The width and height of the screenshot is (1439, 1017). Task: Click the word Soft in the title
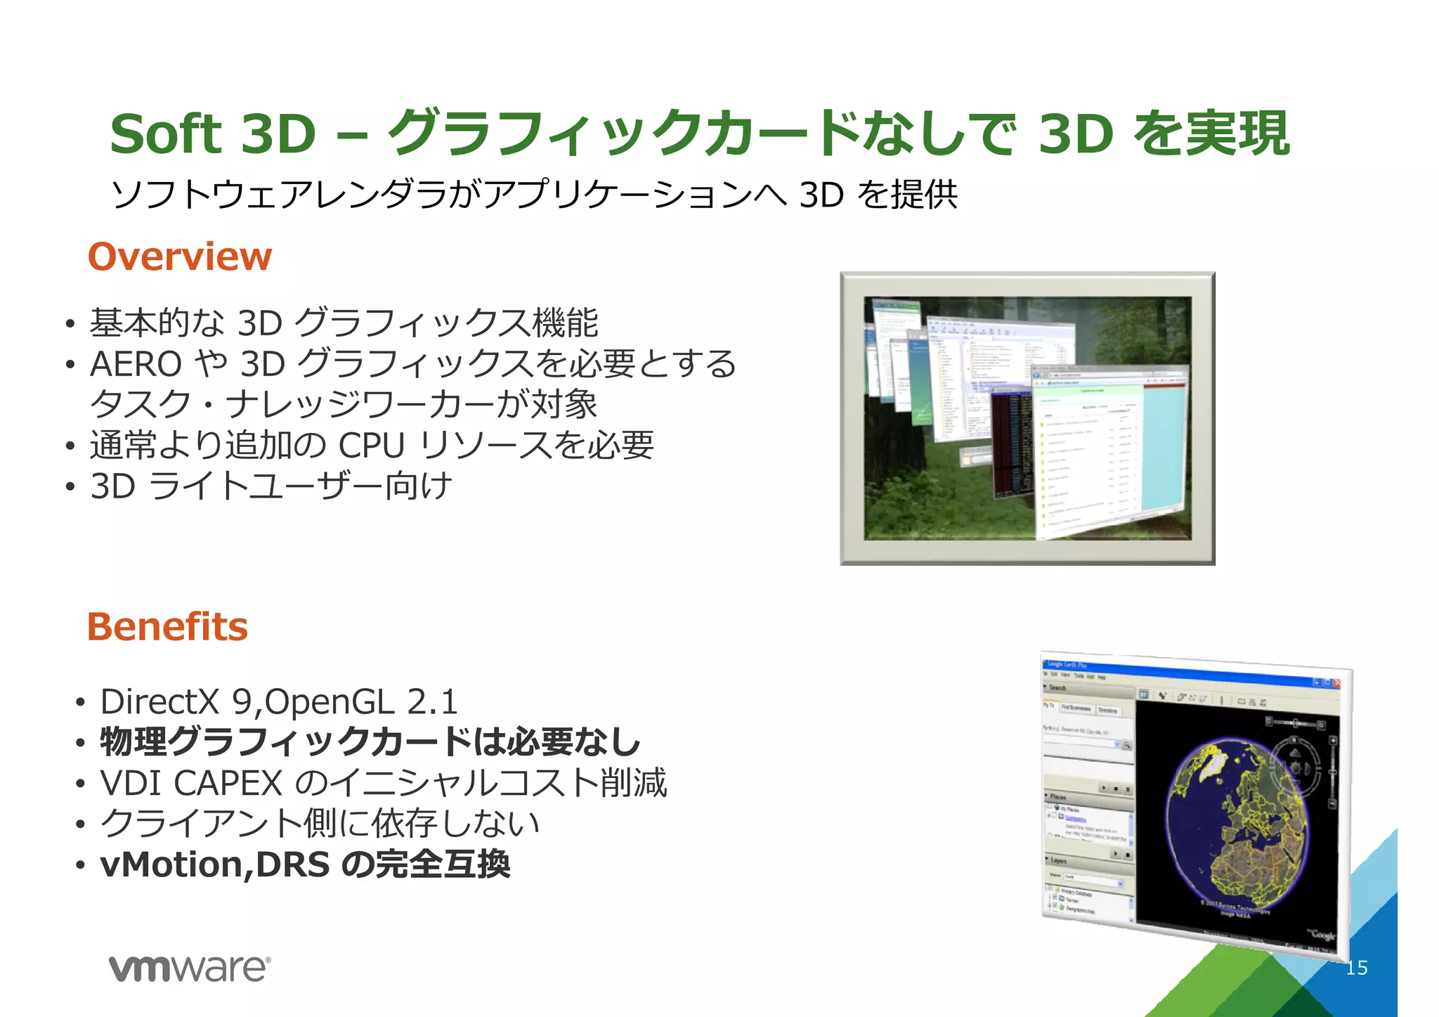166,134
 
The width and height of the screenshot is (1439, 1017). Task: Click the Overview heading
180,257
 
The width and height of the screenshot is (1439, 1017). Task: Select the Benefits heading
167,627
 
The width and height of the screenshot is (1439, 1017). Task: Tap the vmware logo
189,969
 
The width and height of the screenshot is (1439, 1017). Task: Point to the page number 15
1356,969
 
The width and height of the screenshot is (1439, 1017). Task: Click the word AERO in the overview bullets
136,364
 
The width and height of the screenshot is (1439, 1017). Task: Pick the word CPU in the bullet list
372,446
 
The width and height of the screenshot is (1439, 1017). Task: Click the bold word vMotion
171,864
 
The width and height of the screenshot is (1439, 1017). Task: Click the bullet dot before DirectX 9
81,703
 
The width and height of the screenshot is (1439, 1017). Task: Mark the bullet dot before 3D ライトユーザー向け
70,487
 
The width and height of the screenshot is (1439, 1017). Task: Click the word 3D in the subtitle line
821,195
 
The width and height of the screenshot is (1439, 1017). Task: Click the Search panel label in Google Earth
1057,688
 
